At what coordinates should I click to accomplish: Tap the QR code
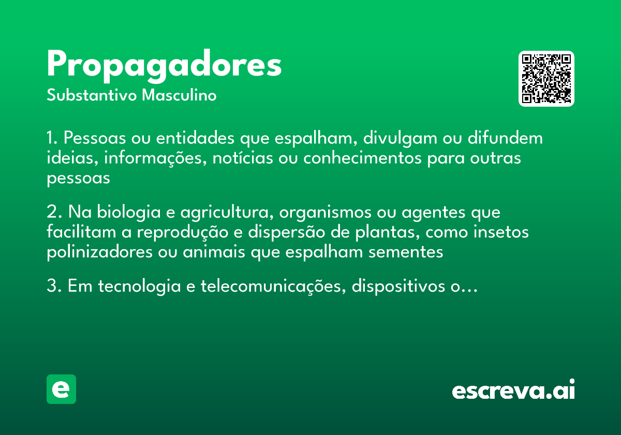546,79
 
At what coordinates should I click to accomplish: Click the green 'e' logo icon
61,389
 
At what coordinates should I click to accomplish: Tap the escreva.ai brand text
513,390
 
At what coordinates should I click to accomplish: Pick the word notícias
237,158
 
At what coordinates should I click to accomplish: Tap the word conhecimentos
362,158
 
